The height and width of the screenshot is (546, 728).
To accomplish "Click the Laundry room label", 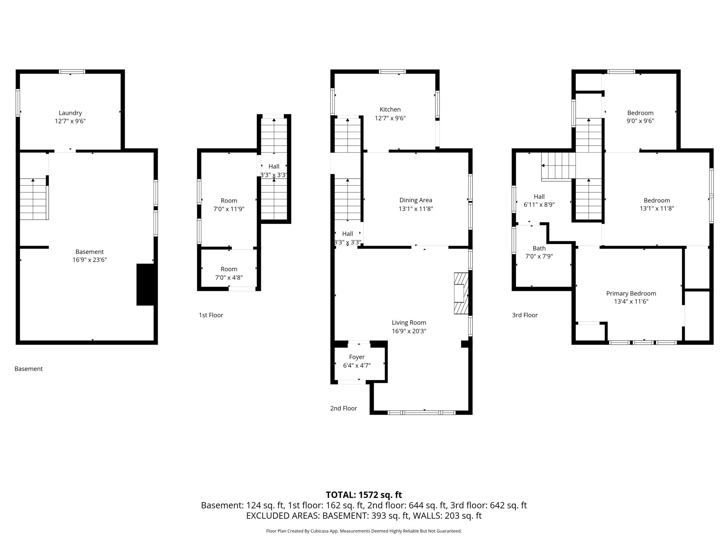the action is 70,113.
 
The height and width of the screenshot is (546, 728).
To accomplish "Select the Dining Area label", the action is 416,200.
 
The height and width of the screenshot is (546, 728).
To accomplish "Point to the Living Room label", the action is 409,322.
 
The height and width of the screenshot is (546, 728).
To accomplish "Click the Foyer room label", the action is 357,357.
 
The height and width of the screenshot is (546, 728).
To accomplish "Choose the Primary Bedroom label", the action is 631,293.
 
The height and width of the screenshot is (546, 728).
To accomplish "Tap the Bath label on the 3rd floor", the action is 539,248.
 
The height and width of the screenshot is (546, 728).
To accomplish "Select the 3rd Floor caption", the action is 525,315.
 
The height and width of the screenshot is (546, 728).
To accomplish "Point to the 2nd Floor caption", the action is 344,408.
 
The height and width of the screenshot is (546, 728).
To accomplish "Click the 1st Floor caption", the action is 211,315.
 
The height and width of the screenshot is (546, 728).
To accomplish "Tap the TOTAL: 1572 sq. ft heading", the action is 364,495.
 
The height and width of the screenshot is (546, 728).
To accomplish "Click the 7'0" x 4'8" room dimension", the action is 229,278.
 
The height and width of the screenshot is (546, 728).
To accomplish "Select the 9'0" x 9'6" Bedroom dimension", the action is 640,121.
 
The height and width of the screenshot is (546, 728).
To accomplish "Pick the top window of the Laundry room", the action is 72,71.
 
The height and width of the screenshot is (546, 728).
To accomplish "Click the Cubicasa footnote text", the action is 364,531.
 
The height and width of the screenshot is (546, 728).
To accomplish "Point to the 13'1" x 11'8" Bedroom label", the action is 657,200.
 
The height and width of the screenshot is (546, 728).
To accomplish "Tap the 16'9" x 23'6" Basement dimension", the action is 90,260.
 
